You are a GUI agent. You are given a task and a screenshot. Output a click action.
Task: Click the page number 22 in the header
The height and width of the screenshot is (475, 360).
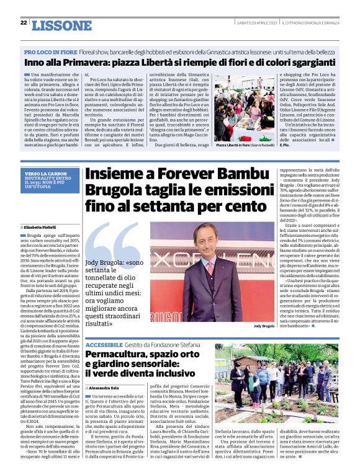pos(23,22)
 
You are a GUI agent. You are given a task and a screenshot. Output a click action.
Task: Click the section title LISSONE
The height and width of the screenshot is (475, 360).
pos(60,25)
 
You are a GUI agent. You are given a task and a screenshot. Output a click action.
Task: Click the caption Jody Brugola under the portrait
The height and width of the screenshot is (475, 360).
pos(264,326)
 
